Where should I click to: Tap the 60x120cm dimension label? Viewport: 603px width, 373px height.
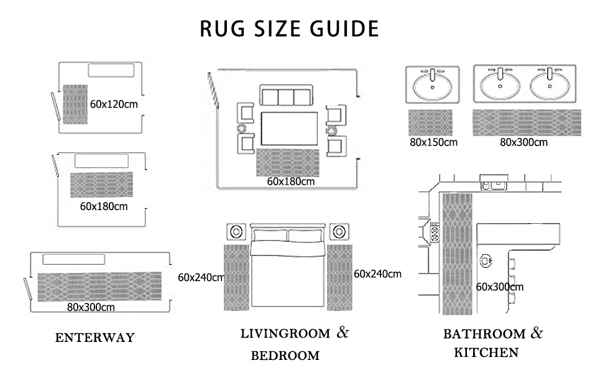tap(114, 104)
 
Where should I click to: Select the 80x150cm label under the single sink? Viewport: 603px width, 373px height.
tap(433, 142)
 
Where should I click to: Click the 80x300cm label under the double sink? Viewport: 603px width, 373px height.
tap(523, 142)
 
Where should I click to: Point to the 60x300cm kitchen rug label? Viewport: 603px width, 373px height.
tap(499, 287)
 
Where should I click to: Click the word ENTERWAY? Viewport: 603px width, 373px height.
tap(94, 338)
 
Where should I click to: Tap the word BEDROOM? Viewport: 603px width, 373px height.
tap(285, 356)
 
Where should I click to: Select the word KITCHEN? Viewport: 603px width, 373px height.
tap(486, 353)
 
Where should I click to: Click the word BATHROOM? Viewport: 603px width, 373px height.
tap(484, 334)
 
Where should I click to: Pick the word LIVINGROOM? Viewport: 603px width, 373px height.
tap(285, 334)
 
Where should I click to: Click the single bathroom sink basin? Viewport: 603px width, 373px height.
tap(433, 86)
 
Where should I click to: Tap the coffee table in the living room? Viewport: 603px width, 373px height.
tap(290, 129)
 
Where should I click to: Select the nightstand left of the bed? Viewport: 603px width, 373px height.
tap(236, 232)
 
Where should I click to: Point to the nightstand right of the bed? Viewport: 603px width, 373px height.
tap(339, 232)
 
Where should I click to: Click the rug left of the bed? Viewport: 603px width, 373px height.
tap(236, 277)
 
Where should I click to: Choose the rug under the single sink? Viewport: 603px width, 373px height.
tap(431, 122)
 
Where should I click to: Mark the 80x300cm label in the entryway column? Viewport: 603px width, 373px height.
tap(91, 306)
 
